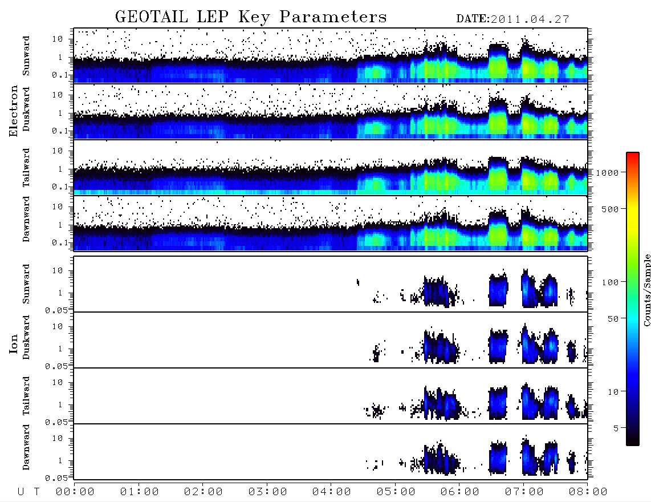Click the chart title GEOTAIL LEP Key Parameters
click(x=251, y=17)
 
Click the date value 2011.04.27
click(x=530, y=19)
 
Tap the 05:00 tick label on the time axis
click(x=396, y=492)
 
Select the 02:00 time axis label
click(x=203, y=492)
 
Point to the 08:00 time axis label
click(x=588, y=492)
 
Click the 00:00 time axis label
click(x=75, y=492)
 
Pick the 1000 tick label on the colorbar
click(x=607, y=172)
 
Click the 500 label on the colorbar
click(x=610, y=209)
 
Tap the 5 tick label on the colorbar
click(x=616, y=428)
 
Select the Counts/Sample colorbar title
click(x=646, y=290)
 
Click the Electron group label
click(x=14, y=111)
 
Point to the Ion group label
click(x=14, y=343)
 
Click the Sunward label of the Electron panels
click(x=26, y=56)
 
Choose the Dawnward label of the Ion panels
click(x=26, y=447)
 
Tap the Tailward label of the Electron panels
click(x=26, y=168)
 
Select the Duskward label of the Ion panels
click(x=26, y=337)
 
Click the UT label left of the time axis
click(x=29, y=492)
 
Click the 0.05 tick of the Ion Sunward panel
click(x=56, y=310)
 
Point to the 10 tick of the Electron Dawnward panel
click(x=58, y=207)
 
